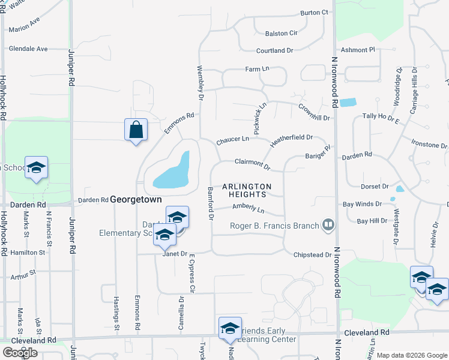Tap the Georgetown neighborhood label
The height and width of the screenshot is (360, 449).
click(139, 199)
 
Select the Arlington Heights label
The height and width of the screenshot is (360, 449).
click(247, 190)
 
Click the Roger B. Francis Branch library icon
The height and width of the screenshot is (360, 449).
click(328, 226)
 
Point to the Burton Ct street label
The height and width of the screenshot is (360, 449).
click(315, 12)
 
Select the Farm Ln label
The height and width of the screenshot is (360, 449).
click(257, 70)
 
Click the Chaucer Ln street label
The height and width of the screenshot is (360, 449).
click(232, 139)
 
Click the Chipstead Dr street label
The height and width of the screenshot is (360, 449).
click(312, 255)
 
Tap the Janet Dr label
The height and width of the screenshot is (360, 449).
click(175, 254)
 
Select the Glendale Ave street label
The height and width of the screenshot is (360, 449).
click(28, 49)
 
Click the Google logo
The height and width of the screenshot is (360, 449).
click(20, 353)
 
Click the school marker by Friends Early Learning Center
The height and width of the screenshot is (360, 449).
click(229, 328)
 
